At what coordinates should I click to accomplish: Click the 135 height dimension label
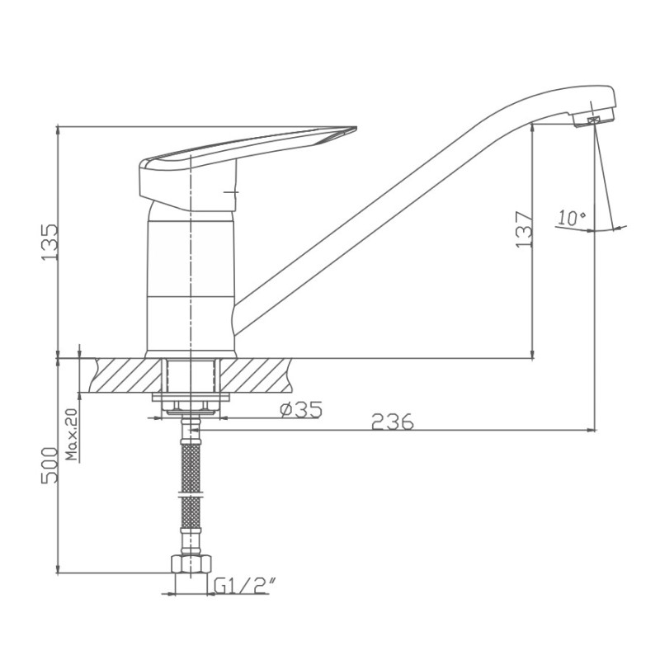click(x=49, y=242)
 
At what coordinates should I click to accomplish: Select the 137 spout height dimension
click(x=524, y=229)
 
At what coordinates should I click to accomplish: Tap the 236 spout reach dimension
click(x=393, y=422)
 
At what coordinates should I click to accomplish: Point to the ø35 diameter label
click(x=301, y=409)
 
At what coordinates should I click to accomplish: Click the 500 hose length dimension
click(x=49, y=466)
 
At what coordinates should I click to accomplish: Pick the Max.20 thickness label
click(x=72, y=434)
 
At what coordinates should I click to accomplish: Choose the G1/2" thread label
click(x=242, y=586)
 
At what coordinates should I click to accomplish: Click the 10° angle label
click(x=572, y=218)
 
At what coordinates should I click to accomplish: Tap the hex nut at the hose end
click(x=191, y=563)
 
